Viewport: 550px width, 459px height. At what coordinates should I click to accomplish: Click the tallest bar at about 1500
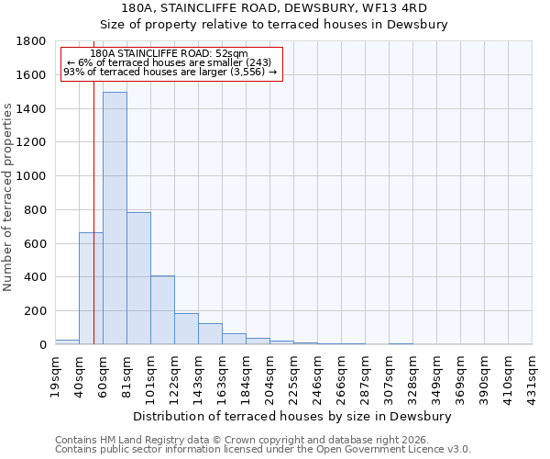coord(115,218)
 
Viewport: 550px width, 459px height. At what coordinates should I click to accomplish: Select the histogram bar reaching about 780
coord(138,278)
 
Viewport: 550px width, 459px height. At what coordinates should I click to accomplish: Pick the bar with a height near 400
coord(162,310)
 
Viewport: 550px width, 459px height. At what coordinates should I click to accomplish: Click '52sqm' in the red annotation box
coord(233,54)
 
